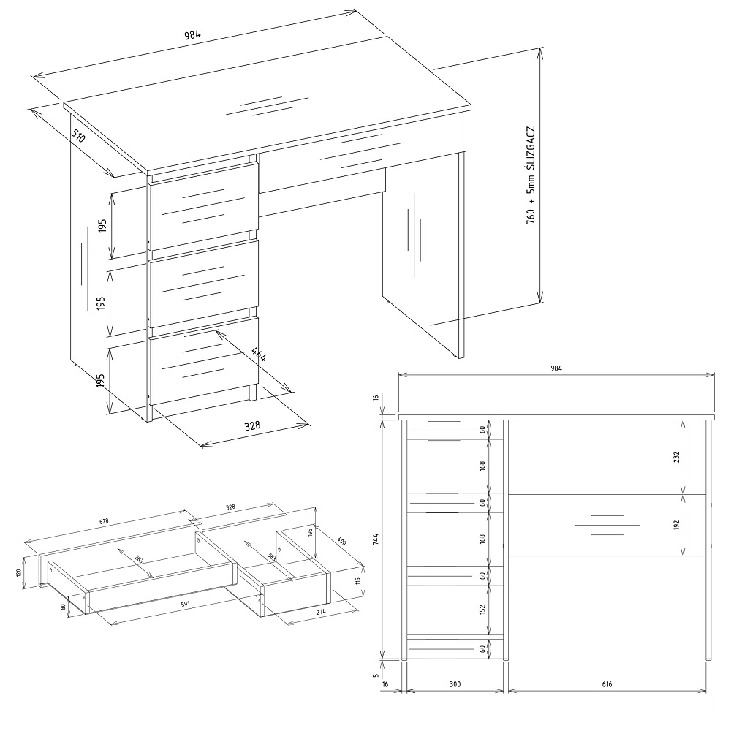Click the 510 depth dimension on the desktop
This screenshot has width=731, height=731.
point(79,135)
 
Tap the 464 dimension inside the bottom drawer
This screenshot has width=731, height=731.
point(259,355)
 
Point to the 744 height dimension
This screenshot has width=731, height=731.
point(376,539)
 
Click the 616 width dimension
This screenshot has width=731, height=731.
point(607,684)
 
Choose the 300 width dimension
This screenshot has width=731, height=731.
point(455,684)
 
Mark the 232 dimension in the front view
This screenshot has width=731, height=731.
point(676,457)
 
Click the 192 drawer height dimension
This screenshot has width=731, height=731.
point(676,525)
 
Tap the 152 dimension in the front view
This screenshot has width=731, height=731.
point(482,610)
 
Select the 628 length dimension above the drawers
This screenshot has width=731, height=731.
point(104,522)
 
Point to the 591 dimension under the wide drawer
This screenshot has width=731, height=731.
point(185,605)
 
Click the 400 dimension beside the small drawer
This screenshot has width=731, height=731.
point(341,542)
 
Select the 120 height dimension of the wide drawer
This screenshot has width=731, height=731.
point(19,572)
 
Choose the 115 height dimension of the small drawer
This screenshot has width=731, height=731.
point(358,581)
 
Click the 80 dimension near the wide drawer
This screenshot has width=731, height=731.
point(62,607)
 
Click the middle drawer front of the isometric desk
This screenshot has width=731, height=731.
point(203,284)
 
